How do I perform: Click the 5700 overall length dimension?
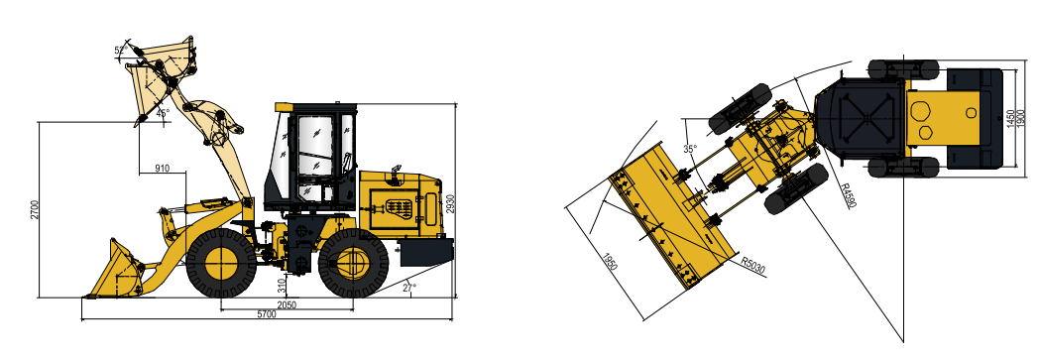point(267,315)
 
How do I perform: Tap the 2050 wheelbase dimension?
point(287,305)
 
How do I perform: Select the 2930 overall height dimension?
point(450,204)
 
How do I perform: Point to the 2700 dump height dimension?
point(35,210)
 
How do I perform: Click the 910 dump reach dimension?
point(162,169)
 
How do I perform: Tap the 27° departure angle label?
point(409,288)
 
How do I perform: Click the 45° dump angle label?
point(163,113)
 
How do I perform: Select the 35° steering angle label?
point(690,149)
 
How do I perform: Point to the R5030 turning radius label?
point(752,265)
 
